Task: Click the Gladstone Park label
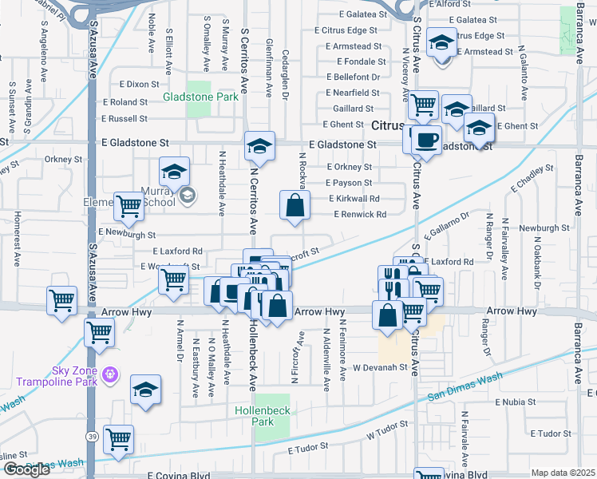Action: click(200, 97)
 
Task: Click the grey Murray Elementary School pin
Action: click(187, 195)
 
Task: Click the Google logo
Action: click(26, 470)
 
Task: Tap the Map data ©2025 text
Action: click(563, 473)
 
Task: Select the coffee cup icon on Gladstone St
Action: click(425, 141)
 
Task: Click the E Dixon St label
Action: click(140, 84)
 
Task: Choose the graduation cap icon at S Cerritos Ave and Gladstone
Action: click(259, 146)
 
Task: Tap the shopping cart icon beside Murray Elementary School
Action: click(128, 206)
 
